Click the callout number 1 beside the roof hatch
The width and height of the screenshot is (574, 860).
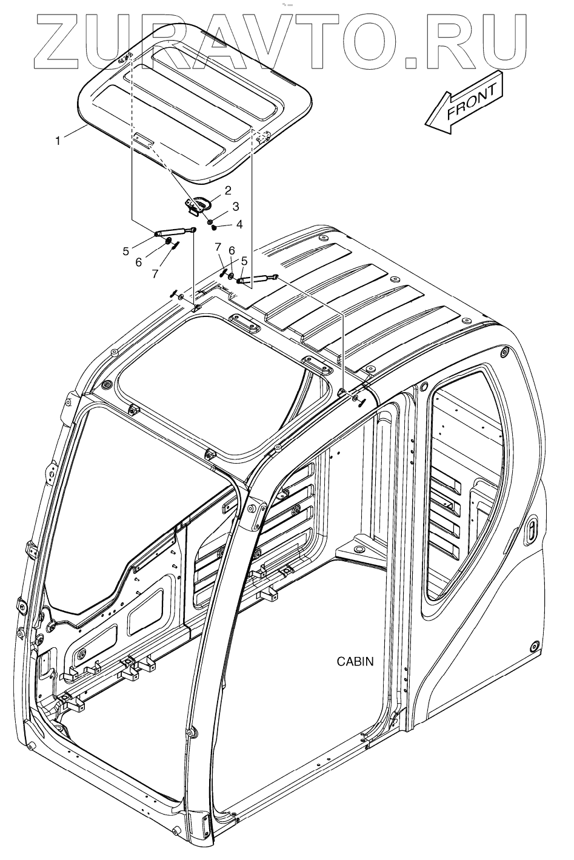tap(58, 141)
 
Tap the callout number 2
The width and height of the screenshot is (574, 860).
tap(228, 190)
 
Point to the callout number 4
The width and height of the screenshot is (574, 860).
tap(239, 224)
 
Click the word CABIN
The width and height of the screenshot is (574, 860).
tap(355, 661)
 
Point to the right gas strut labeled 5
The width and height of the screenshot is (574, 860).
tap(257, 279)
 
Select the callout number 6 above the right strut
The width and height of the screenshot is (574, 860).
tap(230, 250)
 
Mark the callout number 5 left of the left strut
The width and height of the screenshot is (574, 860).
tap(126, 250)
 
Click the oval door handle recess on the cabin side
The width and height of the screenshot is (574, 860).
tap(530, 531)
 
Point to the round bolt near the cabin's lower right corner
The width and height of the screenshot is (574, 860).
tap(533, 644)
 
